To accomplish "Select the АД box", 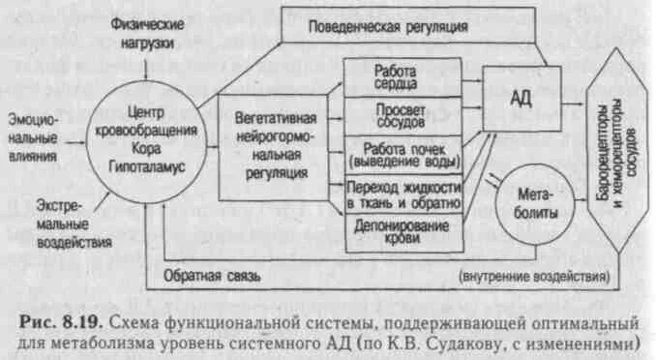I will (520, 98).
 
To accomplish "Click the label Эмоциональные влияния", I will (32, 136).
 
